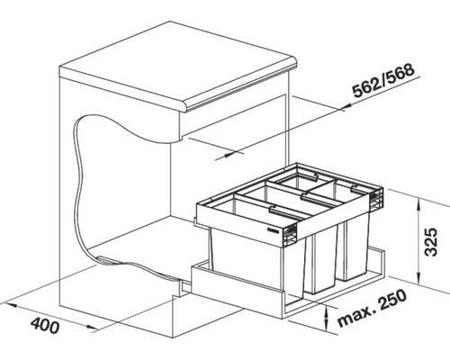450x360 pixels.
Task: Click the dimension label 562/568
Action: tap(384, 81)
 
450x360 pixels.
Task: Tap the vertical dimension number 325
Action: tap(431, 241)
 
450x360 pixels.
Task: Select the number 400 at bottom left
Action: tap(45, 325)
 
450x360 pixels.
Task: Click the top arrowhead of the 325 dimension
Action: tap(418, 205)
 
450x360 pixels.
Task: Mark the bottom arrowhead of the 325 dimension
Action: tap(418, 277)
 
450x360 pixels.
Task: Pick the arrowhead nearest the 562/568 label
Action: tap(346, 107)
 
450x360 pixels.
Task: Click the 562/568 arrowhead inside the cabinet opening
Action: tap(224, 156)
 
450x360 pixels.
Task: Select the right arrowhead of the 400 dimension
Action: tap(91, 328)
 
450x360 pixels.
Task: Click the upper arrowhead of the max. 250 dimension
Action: tap(326, 311)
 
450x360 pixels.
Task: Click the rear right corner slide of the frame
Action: tap(376, 199)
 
